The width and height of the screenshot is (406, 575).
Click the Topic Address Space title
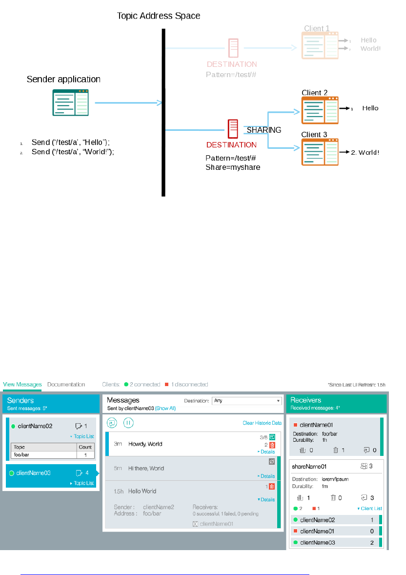point(159,16)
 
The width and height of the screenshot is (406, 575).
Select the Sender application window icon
point(71,102)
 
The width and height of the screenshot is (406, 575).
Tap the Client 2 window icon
point(320,110)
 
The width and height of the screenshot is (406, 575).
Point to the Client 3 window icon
point(320,152)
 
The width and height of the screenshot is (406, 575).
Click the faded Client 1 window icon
point(320,44)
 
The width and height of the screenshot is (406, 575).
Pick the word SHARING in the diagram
point(264,130)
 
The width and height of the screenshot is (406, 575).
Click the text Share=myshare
point(233,167)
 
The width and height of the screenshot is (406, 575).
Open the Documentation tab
point(66,385)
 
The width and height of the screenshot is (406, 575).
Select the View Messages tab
point(22,385)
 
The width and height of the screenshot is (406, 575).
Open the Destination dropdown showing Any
point(247,401)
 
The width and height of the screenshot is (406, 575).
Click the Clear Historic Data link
point(262,423)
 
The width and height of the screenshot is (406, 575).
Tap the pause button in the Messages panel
point(128,423)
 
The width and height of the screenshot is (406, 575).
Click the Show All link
point(165,408)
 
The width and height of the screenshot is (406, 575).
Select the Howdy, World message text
point(145,444)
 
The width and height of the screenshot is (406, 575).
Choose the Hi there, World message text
point(146,469)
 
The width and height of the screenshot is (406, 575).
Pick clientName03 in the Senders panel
point(33,472)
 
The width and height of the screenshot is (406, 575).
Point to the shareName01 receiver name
point(309,467)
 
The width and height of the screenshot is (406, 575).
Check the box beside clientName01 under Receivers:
point(195,524)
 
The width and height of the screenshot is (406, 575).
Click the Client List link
point(370,509)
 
